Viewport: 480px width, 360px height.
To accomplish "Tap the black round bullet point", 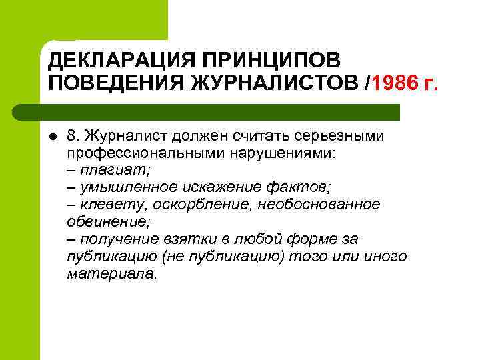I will click(53, 137).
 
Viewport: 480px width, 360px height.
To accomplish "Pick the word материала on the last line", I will click(110, 274).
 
